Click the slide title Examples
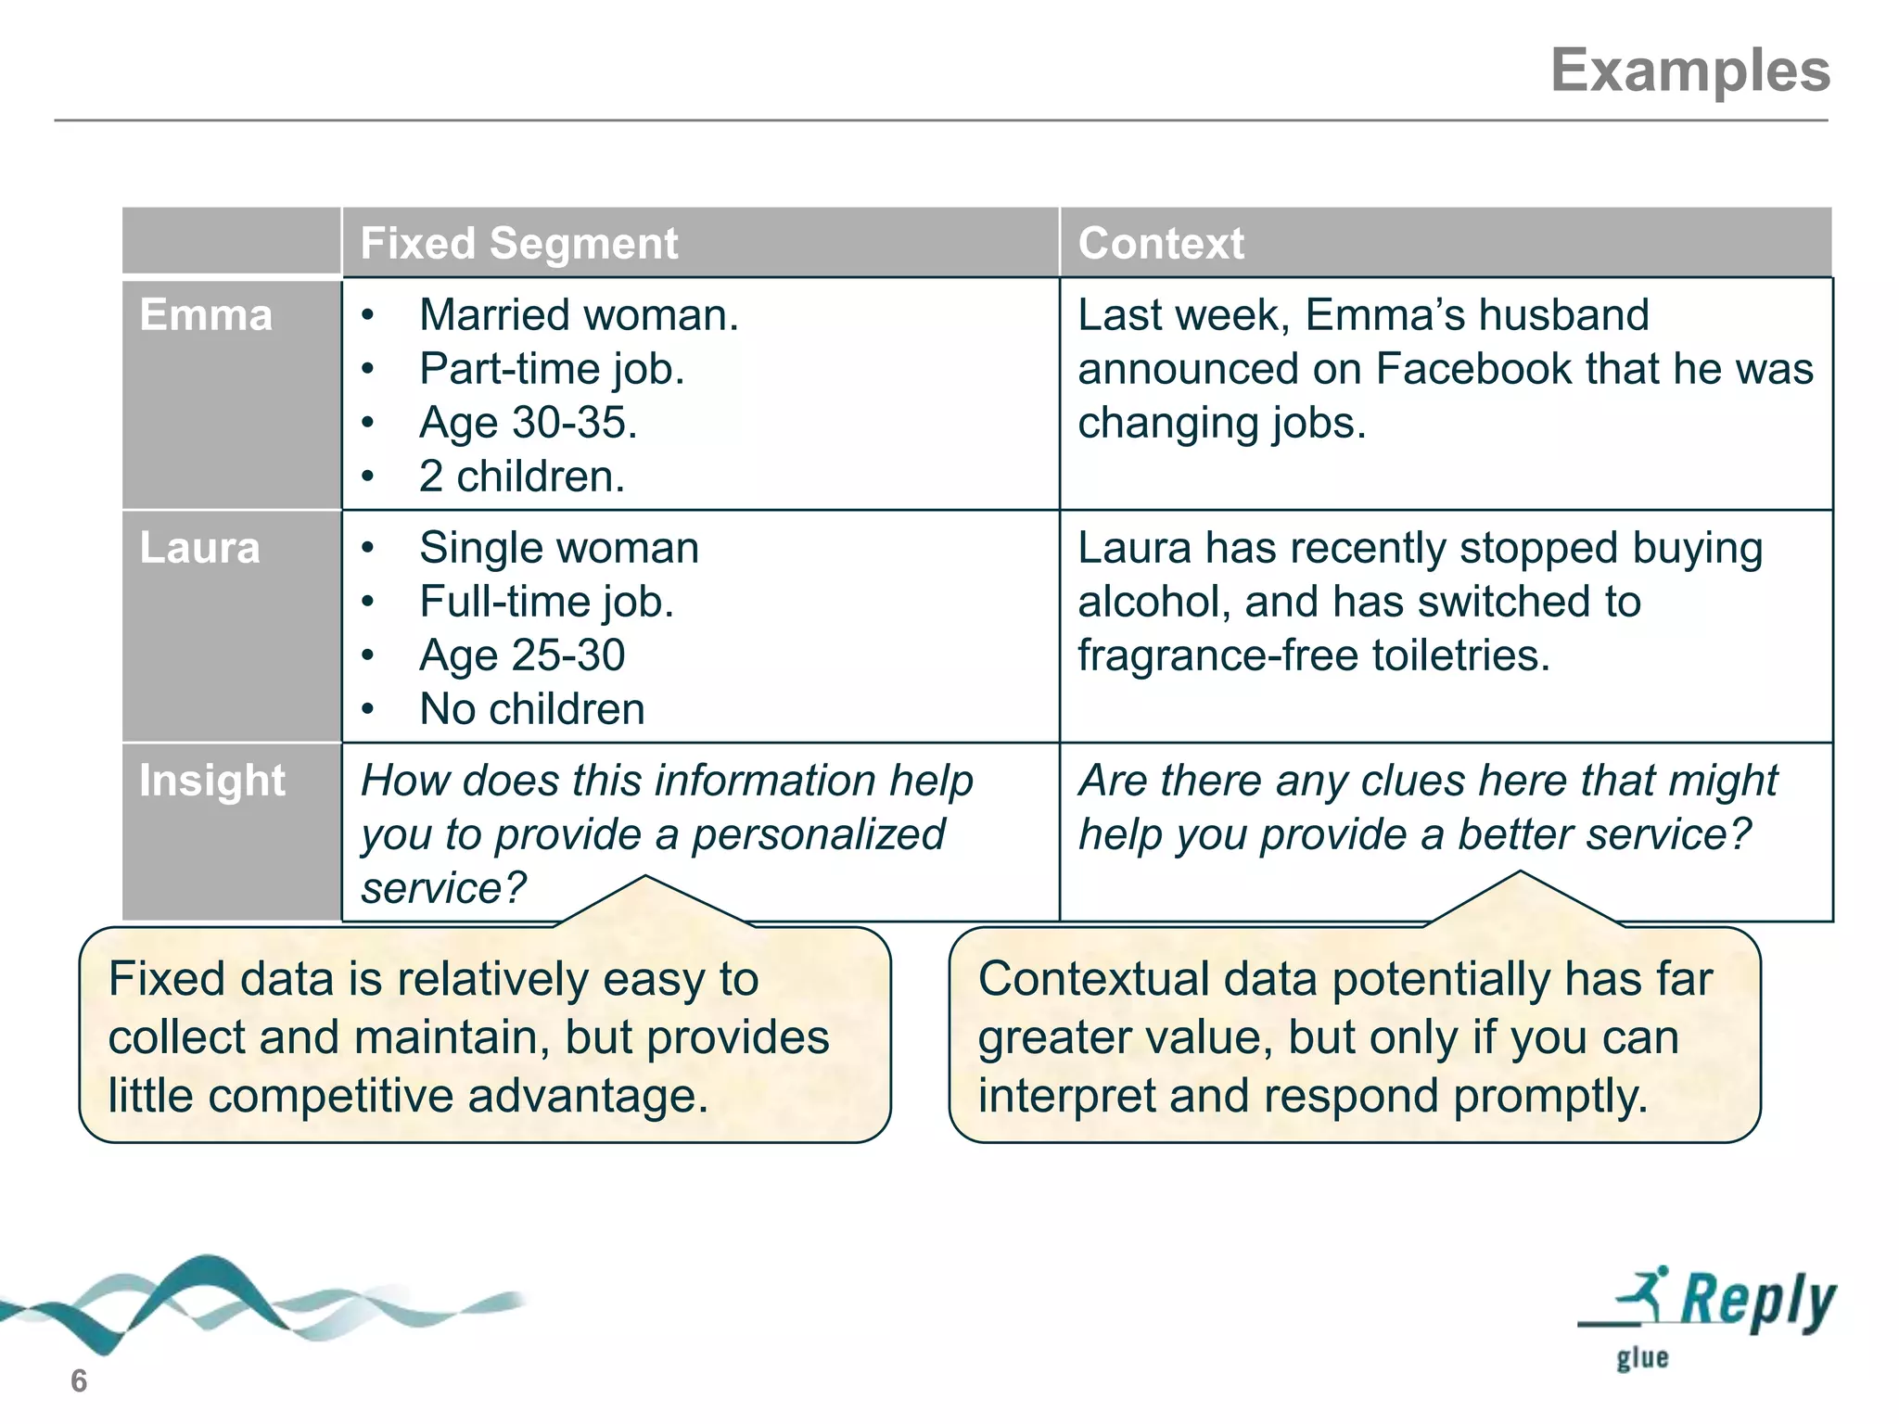coord(1689,70)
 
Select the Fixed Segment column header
coord(518,244)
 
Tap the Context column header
coord(1160,244)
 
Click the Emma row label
coord(206,315)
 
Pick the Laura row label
coord(199,548)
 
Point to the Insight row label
coord(212,781)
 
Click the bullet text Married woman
coord(579,315)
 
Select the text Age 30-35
coord(528,423)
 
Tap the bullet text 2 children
coord(522,477)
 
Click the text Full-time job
coord(546,602)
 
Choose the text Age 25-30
coord(522,655)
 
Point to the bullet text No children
coord(531,709)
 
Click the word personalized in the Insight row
coord(819,834)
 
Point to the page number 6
coord(79,1381)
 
